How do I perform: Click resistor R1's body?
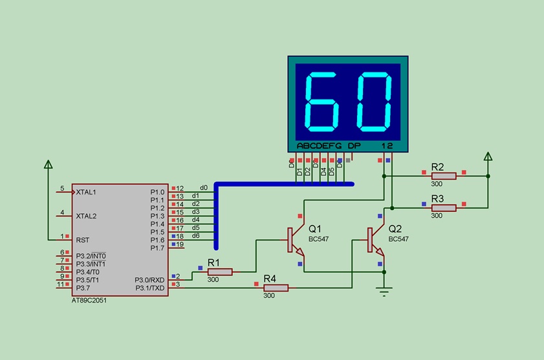pos(220,272)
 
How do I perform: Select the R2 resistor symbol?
pos(444,176)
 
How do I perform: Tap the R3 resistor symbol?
pos(444,208)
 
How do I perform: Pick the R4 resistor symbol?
pos(276,288)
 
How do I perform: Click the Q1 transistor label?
pos(314,229)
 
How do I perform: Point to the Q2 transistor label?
pos(395,229)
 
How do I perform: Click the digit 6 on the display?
pos(321,102)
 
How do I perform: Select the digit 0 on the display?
pos(375,102)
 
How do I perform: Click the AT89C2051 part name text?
pos(89,301)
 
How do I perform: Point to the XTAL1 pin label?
pos(86,192)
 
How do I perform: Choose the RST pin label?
pos(83,240)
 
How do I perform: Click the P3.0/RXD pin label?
pos(149,280)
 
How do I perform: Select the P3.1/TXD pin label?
pos(150,288)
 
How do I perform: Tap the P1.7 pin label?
pos(157,248)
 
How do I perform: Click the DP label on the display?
pos(354,145)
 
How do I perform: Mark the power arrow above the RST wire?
pos(49,164)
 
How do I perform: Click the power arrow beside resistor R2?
pos(488,156)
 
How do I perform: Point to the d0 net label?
pos(204,187)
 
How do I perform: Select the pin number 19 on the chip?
pos(180,244)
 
